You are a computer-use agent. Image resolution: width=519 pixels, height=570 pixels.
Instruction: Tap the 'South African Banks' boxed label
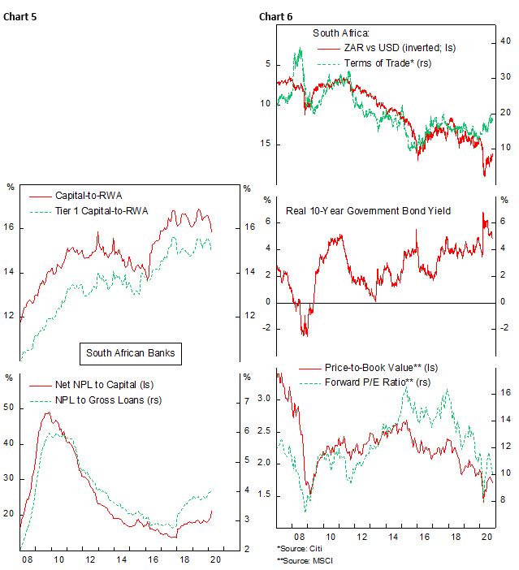[x=130, y=353]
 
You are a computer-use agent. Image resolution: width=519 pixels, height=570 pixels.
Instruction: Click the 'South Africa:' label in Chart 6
[x=341, y=33]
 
